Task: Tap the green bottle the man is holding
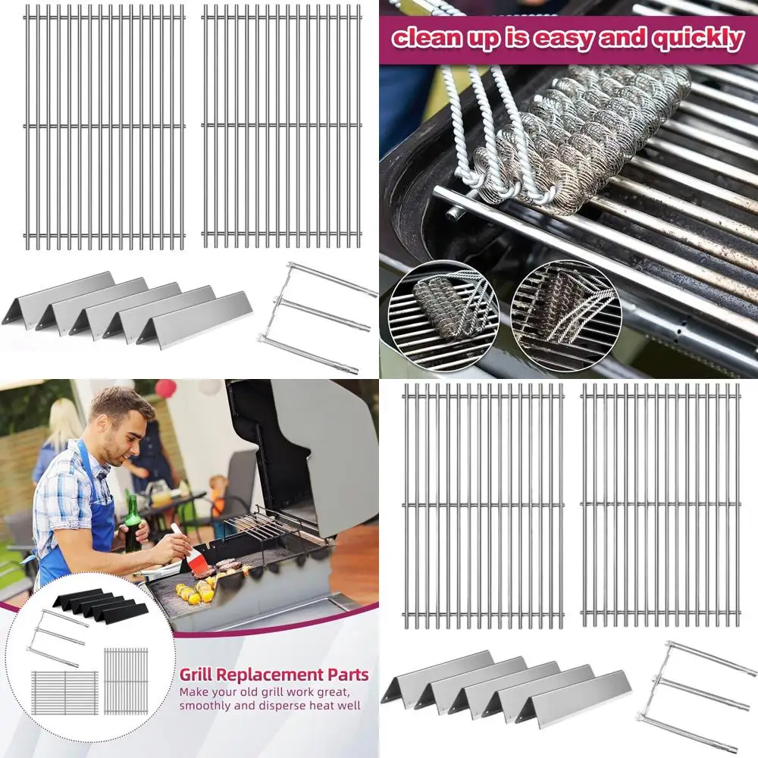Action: point(133,523)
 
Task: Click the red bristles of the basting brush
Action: point(198,563)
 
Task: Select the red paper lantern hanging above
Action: point(165,389)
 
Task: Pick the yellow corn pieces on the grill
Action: point(193,593)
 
